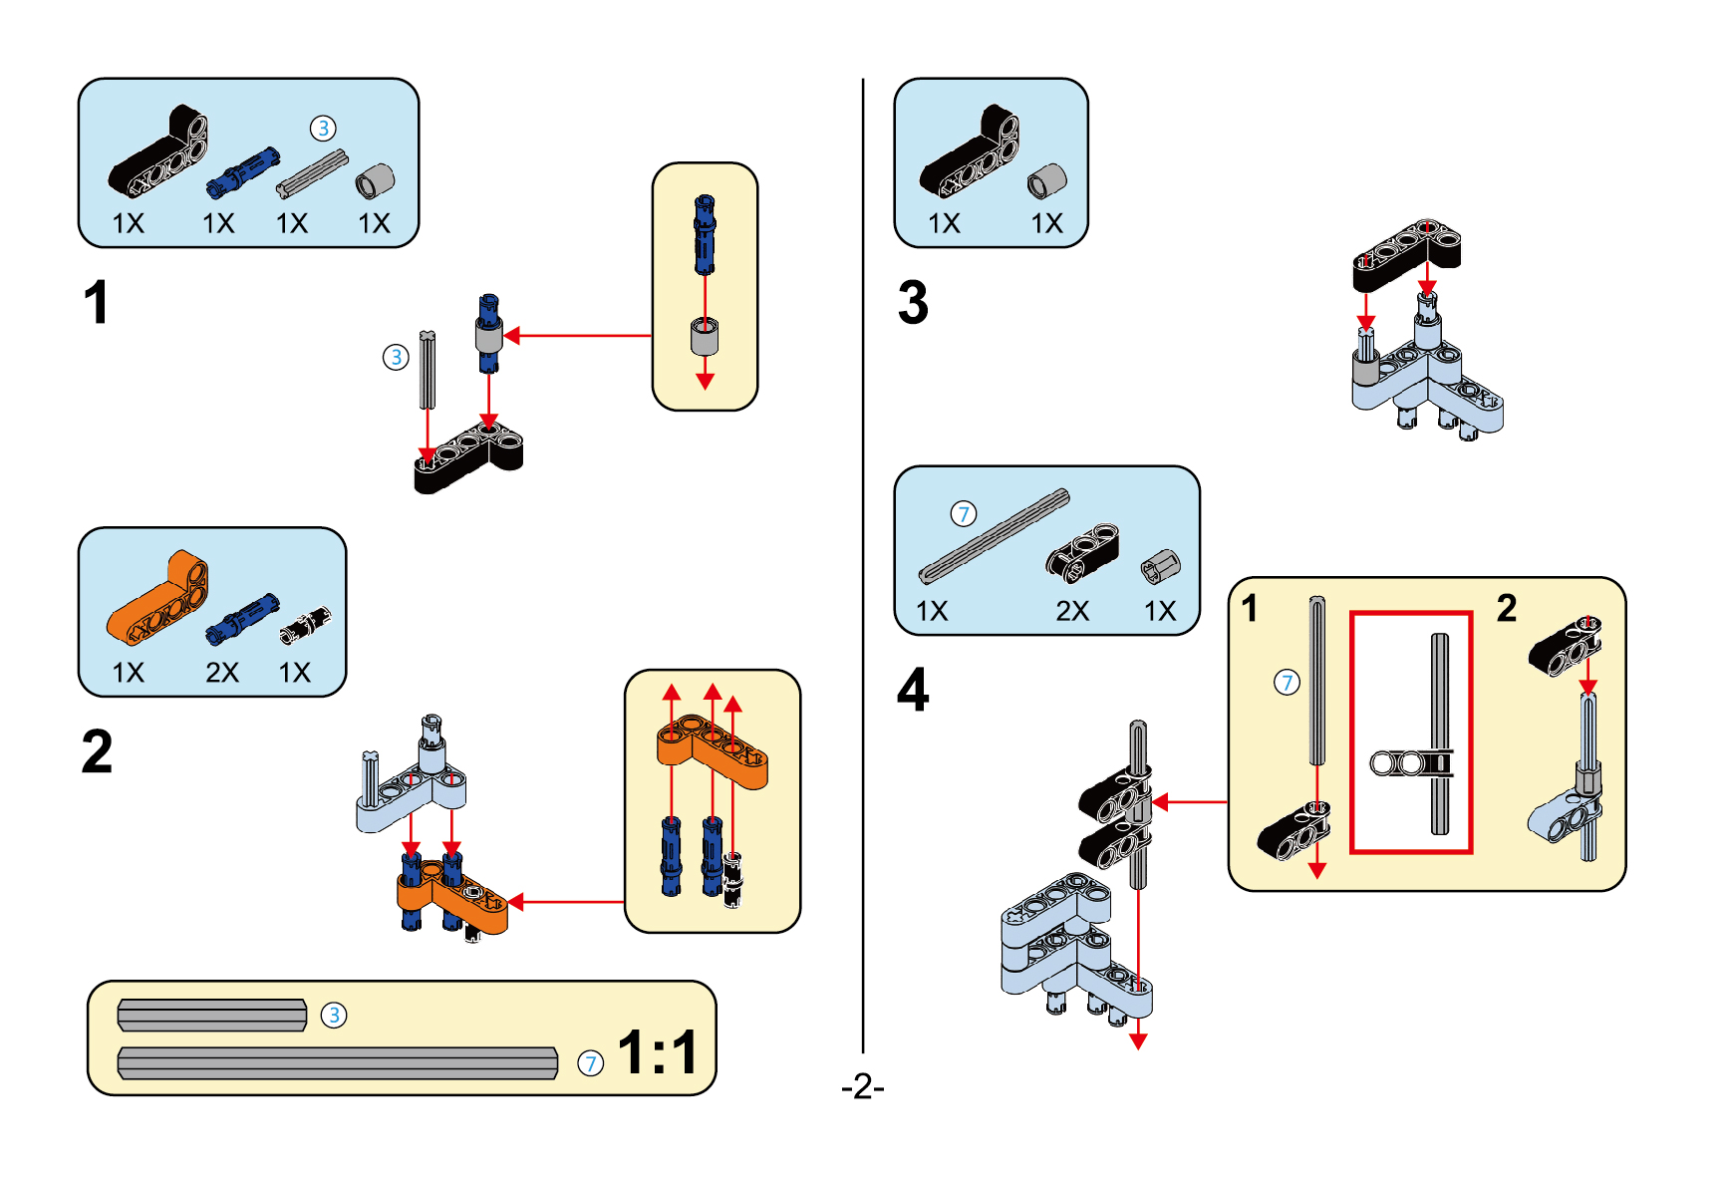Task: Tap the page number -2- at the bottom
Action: [862, 1085]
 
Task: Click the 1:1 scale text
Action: [658, 1051]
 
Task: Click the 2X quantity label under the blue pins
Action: [222, 673]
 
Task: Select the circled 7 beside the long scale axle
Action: [591, 1063]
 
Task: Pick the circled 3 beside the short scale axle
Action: [334, 1016]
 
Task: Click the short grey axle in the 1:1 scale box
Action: [212, 1016]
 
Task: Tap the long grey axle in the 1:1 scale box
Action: [338, 1063]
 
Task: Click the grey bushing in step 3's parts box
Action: [1046, 181]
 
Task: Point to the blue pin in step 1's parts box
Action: [243, 171]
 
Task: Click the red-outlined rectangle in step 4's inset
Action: [1411, 733]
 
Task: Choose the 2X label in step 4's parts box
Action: [1072, 611]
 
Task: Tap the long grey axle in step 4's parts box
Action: [994, 536]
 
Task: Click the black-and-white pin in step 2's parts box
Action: [304, 625]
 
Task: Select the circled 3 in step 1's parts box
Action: [323, 129]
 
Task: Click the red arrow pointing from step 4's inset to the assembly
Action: [1190, 801]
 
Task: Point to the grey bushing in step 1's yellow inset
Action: [705, 337]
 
